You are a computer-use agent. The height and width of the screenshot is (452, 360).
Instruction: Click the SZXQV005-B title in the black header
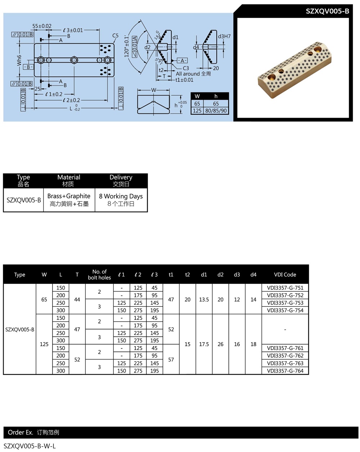pyautogui.click(x=327, y=11)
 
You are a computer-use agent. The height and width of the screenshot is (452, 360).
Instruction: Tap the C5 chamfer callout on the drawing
pyautogui.click(x=115, y=36)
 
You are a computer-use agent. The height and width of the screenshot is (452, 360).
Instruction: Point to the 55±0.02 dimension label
pyautogui.click(x=42, y=26)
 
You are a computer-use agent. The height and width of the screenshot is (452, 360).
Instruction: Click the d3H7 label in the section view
pyautogui.click(x=224, y=36)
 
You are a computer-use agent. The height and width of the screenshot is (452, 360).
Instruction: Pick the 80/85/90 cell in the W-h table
pyautogui.click(x=216, y=111)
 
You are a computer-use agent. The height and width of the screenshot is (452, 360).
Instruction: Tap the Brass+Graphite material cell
pyautogui.click(x=69, y=200)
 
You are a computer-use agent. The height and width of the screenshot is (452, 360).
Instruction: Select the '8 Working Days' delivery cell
pyautogui.click(x=121, y=200)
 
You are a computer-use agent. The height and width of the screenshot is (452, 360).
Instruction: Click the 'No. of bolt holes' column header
pyautogui.click(x=99, y=274)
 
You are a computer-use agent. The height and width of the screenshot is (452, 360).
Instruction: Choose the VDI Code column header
pyautogui.click(x=285, y=275)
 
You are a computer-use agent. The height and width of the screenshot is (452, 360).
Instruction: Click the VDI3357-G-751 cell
pyautogui.click(x=285, y=288)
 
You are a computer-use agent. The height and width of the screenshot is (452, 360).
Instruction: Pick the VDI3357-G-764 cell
pyautogui.click(x=285, y=371)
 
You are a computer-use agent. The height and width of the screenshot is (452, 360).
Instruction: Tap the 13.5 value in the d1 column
pyautogui.click(x=204, y=299)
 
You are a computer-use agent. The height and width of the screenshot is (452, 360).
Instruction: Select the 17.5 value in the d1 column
pyautogui.click(x=204, y=344)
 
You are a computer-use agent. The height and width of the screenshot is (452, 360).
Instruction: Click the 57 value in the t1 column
pyautogui.click(x=171, y=360)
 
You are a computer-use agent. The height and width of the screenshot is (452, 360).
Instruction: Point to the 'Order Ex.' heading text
pyautogui.click(x=21, y=432)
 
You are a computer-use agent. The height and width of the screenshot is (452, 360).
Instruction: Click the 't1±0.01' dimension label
pyautogui.click(x=184, y=80)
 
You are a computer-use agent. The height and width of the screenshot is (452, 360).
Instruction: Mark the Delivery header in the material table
pyautogui.click(x=121, y=181)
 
